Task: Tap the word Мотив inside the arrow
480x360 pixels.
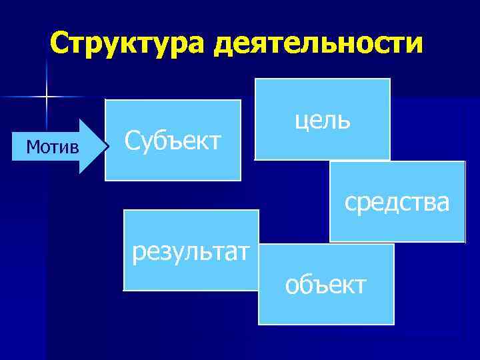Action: [x=52, y=145]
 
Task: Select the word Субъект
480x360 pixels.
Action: [x=173, y=141]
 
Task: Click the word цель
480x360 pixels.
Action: [x=321, y=120]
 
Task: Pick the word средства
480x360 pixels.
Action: [x=397, y=201]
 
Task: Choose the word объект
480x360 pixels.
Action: [x=325, y=285]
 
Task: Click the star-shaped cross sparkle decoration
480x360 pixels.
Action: [x=47, y=97]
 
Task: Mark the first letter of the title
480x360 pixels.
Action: [x=59, y=44]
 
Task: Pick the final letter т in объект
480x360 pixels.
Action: [x=360, y=285]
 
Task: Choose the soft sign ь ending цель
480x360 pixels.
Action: [x=344, y=121]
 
